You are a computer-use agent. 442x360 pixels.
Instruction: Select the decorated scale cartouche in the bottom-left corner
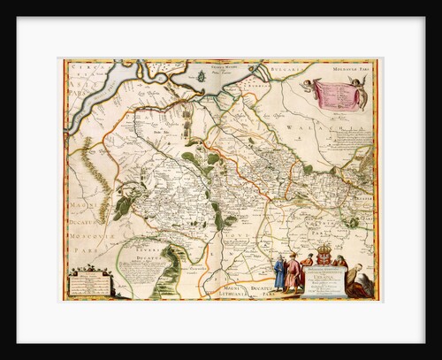pyautogui.click(x=93, y=281)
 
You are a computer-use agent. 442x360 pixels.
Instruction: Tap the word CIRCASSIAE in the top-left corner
pyautogui.click(x=80, y=67)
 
